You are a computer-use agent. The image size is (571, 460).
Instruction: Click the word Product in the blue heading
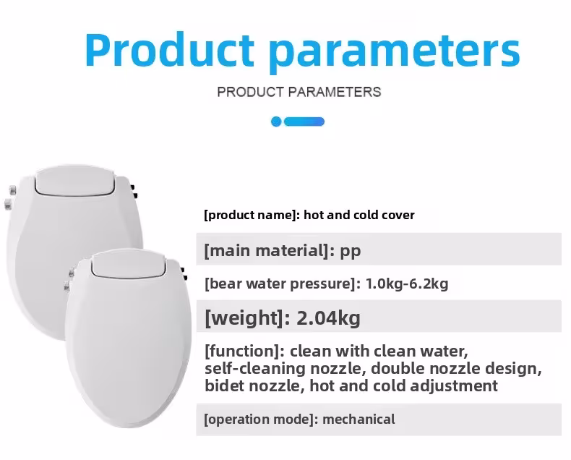[170, 50]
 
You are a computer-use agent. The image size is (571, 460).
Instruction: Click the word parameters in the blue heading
[395, 53]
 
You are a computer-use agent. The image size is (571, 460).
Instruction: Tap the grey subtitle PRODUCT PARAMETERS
[299, 92]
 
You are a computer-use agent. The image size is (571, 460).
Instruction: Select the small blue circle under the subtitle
[276, 122]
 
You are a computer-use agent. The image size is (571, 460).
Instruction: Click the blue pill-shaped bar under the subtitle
[304, 122]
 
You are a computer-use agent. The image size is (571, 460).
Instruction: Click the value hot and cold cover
[359, 215]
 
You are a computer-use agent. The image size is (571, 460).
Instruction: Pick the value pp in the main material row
[351, 252]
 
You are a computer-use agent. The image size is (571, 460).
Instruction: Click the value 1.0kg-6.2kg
[407, 284]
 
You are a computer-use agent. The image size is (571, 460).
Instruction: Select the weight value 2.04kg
[328, 318]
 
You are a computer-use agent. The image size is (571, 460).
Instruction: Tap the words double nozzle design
[456, 369]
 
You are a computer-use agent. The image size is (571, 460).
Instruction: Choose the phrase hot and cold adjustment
[403, 386]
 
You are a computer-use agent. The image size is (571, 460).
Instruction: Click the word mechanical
[359, 419]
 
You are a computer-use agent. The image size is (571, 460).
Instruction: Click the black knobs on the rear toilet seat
[134, 192]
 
